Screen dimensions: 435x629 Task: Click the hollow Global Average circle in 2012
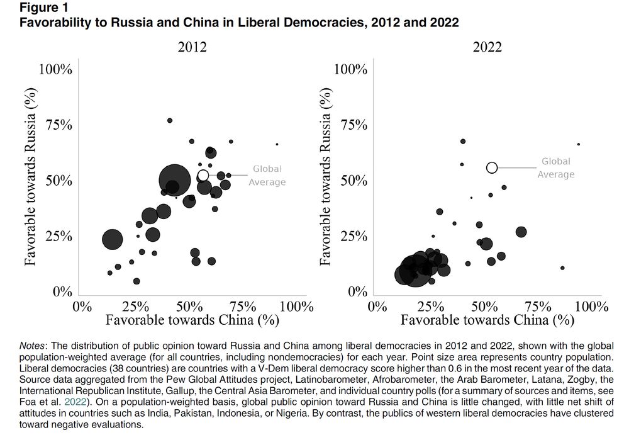[203, 175]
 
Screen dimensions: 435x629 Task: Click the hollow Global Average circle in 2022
[492, 167]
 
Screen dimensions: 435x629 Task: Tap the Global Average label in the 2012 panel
[267, 176]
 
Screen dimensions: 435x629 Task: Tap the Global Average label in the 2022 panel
[556, 168]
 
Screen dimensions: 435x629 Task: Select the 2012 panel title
[192, 47]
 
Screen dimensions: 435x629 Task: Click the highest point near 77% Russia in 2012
[170, 120]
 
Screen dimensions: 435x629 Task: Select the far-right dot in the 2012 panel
[277, 144]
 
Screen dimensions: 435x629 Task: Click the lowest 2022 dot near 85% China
[562, 268]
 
